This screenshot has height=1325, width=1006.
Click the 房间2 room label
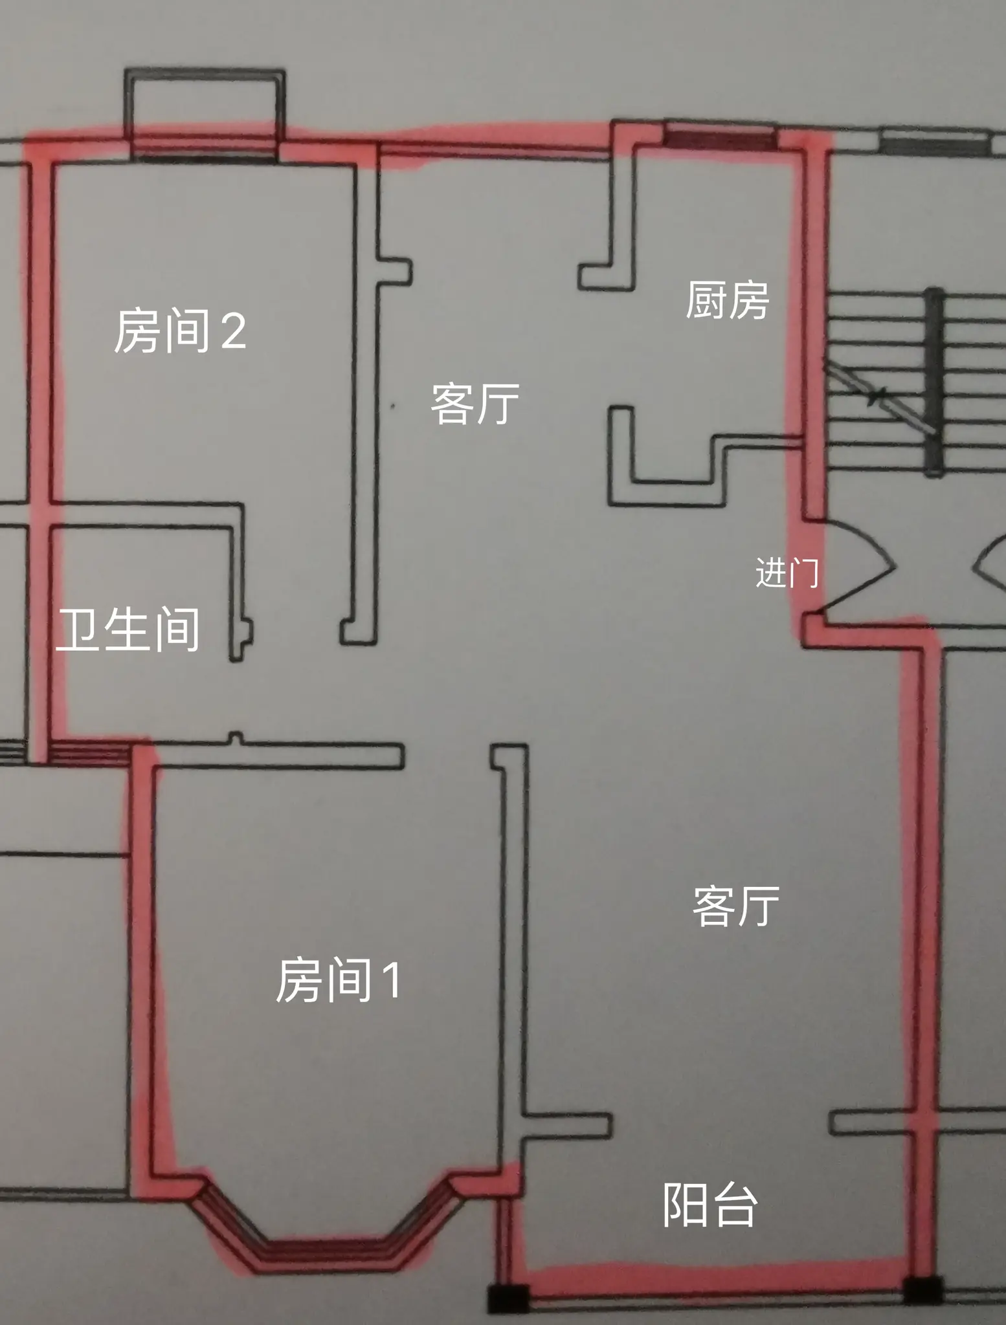[x=180, y=331]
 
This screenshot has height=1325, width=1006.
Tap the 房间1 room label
[x=338, y=980]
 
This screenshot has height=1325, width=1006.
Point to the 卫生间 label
[x=128, y=629]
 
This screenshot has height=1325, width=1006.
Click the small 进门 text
[x=787, y=573]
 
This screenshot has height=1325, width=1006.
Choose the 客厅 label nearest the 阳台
[x=735, y=906]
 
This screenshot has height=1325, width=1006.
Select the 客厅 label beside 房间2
[x=475, y=404]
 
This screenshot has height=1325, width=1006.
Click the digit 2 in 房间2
[x=233, y=331]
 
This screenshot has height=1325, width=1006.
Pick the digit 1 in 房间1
[x=391, y=980]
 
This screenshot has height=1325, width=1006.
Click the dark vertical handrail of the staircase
[x=933, y=382]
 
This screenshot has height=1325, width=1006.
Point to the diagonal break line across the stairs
[x=879, y=395]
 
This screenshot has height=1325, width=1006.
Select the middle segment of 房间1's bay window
[x=326, y=1246]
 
